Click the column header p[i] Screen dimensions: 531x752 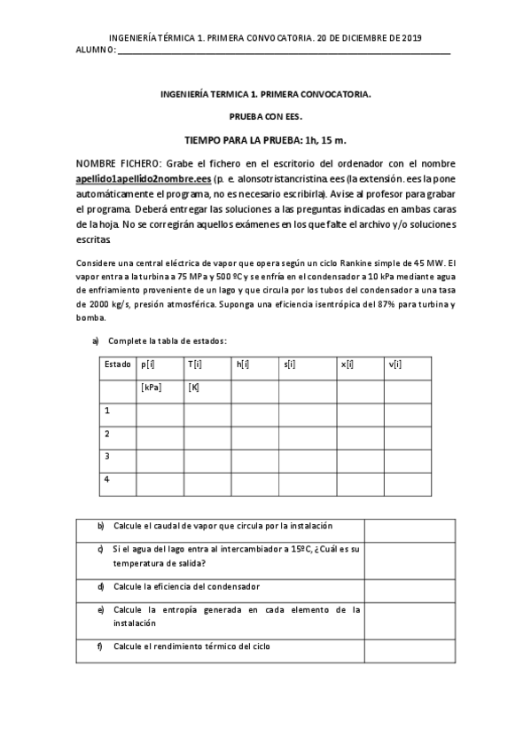[x=148, y=364]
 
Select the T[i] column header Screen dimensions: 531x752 [x=195, y=364]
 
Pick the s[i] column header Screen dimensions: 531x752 [x=291, y=364]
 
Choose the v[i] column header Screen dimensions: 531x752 [x=395, y=364]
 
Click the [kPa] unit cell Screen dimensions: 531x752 [x=151, y=387]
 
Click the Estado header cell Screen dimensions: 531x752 [x=117, y=364]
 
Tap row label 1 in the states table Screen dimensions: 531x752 [x=107, y=411]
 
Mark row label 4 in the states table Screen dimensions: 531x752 [x=107, y=480]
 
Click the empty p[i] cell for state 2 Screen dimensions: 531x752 [x=160, y=434]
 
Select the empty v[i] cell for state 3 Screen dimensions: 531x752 [x=418, y=457]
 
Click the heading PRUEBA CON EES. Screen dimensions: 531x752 [x=265, y=116]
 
